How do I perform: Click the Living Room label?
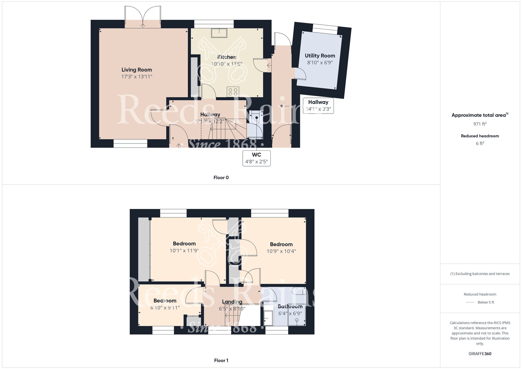[x=137, y=70]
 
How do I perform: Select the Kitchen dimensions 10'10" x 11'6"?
[x=227, y=64]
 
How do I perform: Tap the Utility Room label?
[x=320, y=56]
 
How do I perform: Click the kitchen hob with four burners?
[x=233, y=92]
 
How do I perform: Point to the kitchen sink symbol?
[x=219, y=33]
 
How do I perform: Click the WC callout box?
[x=257, y=158]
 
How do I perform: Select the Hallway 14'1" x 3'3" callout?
[x=318, y=106]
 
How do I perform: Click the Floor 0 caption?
[x=221, y=177]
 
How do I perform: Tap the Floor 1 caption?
[x=221, y=360]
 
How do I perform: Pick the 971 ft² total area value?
[x=480, y=124]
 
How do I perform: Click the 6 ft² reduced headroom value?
[x=480, y=143]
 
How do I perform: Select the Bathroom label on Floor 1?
[x=290, y=306]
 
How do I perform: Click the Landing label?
[x=232, y=302]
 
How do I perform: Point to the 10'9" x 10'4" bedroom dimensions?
[x=281, y=251]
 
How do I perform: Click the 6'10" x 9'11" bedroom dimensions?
[x=165, y=308]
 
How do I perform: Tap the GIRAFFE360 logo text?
[x=480, y=354]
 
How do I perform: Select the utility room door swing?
[x=300, y=73]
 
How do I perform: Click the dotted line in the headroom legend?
[x=470, y=302]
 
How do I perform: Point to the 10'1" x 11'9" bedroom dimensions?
[x=184, y=251]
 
